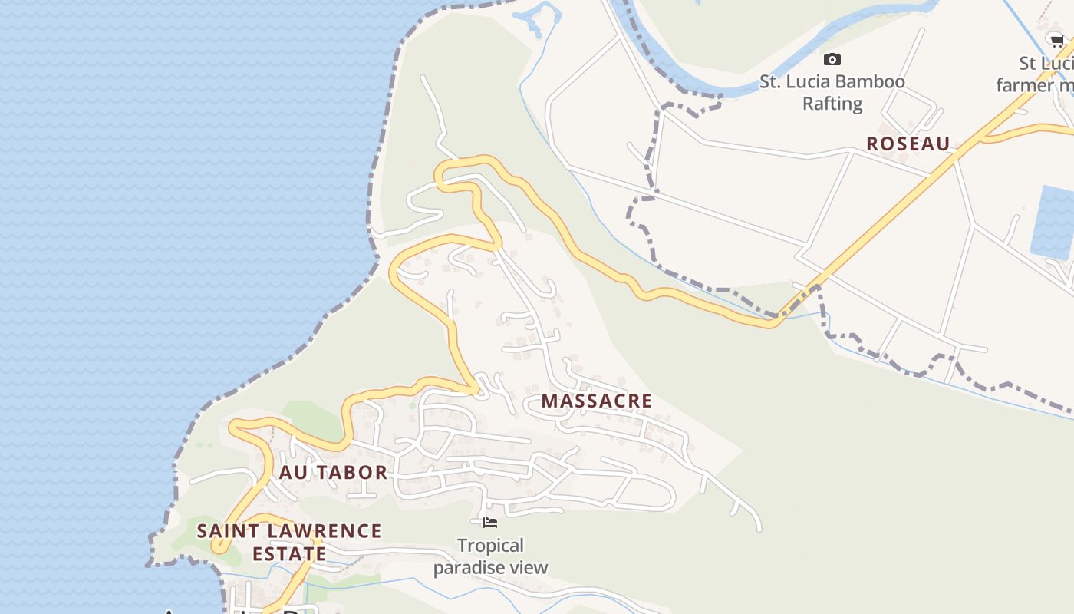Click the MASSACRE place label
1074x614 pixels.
pyautogui.click(x=596, y=401)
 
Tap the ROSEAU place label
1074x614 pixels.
pyautogui.click(x=908, y=144)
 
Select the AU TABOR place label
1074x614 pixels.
pyautogui.click(x=333, y=472)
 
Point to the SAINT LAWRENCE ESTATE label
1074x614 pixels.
pyautogui.click(x=289, y=542)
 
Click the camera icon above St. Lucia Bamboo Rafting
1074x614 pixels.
pyautogui.click(x=832, y=60)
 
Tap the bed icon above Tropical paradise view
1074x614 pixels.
pyautogui.click(x=490, y=523)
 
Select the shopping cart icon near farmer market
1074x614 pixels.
pyautogui.click(x=1057, y=41)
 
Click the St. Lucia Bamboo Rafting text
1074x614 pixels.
pyautogui.click(x=832, y=92)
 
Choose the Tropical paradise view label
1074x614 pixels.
pyautogui.click(x=490, y=556)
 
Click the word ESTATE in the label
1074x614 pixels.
pyautogui.click(x=289, y=553)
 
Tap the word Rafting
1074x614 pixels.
pyautogui.click(x=832, y=104)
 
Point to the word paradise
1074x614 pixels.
pyautogui.click(x=470, y=568)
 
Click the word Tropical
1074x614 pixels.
pyautogui.click(x=490, y=546)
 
